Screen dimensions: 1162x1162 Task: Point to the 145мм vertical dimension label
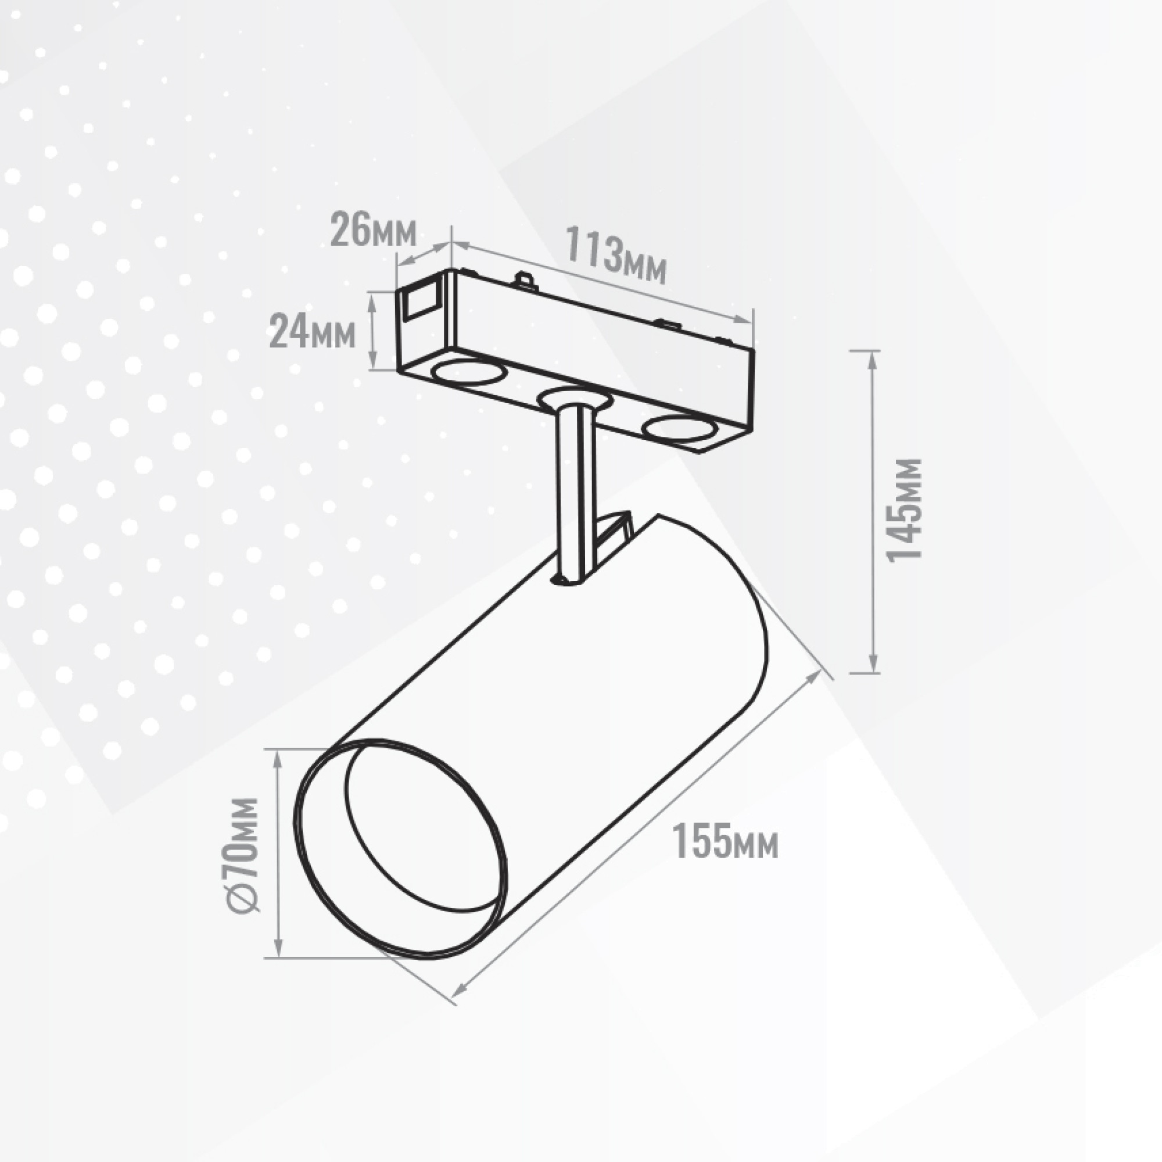(x=905, y=510)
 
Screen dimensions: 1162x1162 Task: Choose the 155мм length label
(x=725, y=841)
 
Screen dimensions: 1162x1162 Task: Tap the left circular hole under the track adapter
(x=468, y=372)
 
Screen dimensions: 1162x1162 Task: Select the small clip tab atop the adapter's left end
(x=525, y=279)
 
